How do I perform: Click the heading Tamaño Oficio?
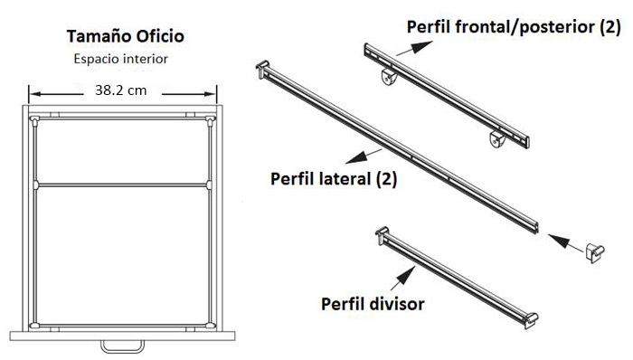(126, 37)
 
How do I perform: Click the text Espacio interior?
(121, 59)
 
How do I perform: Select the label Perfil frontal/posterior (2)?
(514, 27)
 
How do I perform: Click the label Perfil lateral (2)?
(334, 178)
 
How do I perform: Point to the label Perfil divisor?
(373, 303)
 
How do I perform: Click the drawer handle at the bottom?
(121, 345)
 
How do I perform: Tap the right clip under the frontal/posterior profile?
(497, 140)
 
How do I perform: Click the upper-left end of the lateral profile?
(263, 67)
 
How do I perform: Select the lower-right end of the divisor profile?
(534, 317)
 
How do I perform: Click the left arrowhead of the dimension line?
(33, 91)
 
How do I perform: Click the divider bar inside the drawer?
(123, 185)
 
